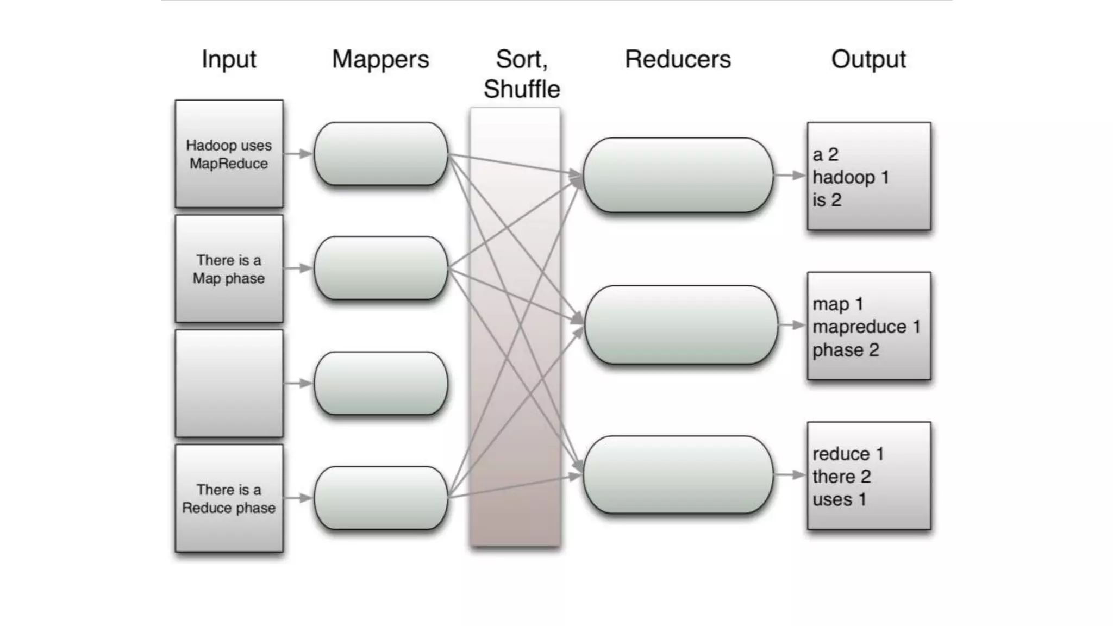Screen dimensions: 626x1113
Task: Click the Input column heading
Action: click(229, 59)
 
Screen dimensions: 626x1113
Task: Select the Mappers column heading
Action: click(380, 59)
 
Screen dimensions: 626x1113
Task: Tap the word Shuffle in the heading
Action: click(522, 89)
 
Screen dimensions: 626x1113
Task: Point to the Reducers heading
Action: click(678, 59)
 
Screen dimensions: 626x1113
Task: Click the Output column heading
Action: click(868, 59)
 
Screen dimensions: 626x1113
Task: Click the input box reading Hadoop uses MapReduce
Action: click(229, 154)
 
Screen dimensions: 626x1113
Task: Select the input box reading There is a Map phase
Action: click(229, 268)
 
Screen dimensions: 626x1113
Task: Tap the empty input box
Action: click(229, 383)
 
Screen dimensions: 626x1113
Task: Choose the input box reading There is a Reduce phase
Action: click(229, 498)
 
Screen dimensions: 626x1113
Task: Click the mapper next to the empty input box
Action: click(380, 384)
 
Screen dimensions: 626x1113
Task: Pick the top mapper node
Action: click(380, 154)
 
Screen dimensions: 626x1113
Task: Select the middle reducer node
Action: click(680, 325)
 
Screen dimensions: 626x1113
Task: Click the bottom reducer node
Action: click(678, 475)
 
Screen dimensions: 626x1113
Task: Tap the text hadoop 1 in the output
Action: click(851, 177)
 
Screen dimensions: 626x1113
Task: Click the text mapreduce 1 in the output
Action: click(866, 327)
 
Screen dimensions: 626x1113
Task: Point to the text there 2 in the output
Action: click(841, 477)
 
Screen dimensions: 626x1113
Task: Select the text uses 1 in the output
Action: click(839, 499)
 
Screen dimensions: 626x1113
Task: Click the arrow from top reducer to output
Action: click(789, 176)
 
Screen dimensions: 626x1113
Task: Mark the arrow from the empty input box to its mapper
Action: click(298, 383)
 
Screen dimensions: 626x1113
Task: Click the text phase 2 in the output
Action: click(845, 350)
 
